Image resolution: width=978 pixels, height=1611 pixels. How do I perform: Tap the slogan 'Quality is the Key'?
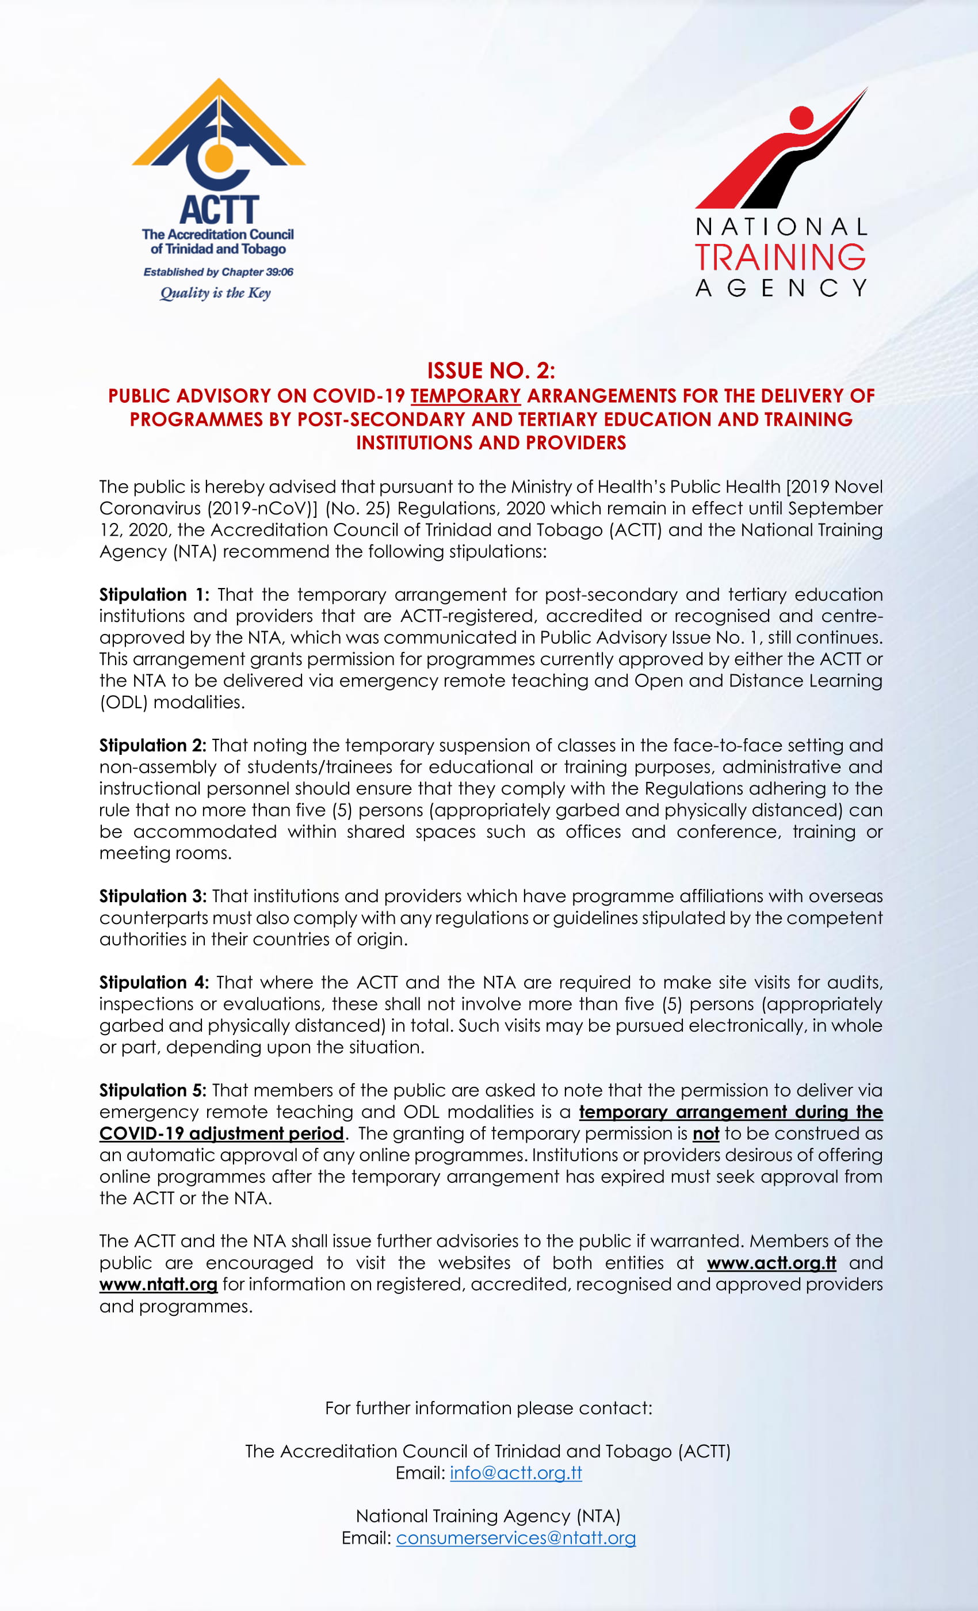215,293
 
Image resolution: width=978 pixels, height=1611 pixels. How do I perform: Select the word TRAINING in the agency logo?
781,257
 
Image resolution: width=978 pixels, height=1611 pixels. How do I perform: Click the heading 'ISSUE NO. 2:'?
491,371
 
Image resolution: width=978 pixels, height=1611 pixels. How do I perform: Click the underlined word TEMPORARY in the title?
465,396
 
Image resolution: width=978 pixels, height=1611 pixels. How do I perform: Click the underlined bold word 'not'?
705,1133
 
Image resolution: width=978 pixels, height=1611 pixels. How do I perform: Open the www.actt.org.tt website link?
771,1262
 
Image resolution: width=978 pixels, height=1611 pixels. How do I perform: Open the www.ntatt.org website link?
158,1284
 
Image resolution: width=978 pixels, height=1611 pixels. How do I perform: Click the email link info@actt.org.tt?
516,1472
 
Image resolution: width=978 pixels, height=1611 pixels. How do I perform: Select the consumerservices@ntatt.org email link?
516,1537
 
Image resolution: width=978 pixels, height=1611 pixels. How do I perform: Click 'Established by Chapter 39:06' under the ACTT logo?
219,272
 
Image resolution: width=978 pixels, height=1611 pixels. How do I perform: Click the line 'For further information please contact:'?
489,1408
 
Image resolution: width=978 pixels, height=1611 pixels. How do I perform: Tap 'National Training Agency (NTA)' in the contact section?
488,1515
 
